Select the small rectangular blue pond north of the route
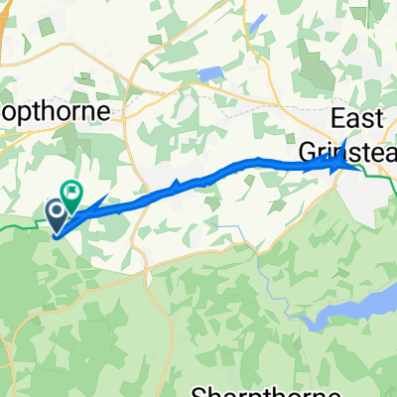[211, 74]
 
